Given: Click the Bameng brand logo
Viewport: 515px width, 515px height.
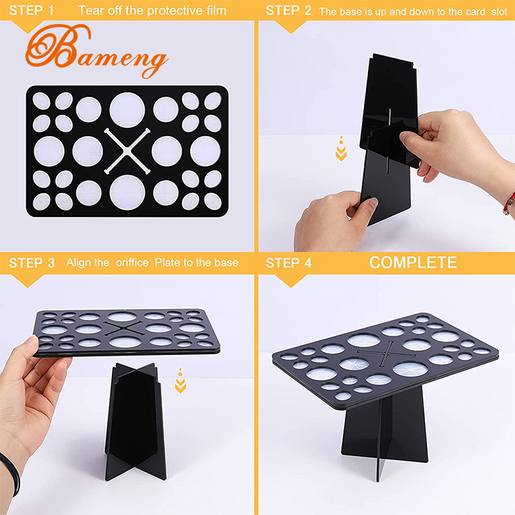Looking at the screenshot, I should click(96, 51).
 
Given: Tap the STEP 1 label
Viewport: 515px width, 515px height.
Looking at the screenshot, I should click(31, 10).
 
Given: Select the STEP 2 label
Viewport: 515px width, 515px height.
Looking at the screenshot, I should click(288, 10).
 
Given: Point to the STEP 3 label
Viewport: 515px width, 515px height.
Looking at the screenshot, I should click(32, 262).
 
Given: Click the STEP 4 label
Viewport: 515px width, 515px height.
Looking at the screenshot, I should click(288, 262).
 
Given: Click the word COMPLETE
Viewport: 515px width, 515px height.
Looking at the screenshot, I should click(413, 262).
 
